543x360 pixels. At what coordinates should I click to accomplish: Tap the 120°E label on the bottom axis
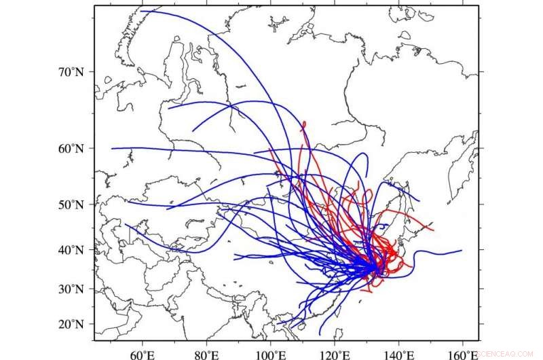pyautogui.click(x=335, y=353)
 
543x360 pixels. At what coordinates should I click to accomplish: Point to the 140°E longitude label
pyautogui.click(x=399, y=353)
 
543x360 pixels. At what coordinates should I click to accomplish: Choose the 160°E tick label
pyautogui.click(x=464, y=353)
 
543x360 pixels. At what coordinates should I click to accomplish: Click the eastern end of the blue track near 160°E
pyautogui.click(x=462, y=250)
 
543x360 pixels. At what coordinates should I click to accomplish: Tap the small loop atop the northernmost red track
pyautogui.click(x=303, y=124)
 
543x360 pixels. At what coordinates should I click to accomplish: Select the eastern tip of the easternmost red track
pyautogui.click(x=433, y=230)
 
